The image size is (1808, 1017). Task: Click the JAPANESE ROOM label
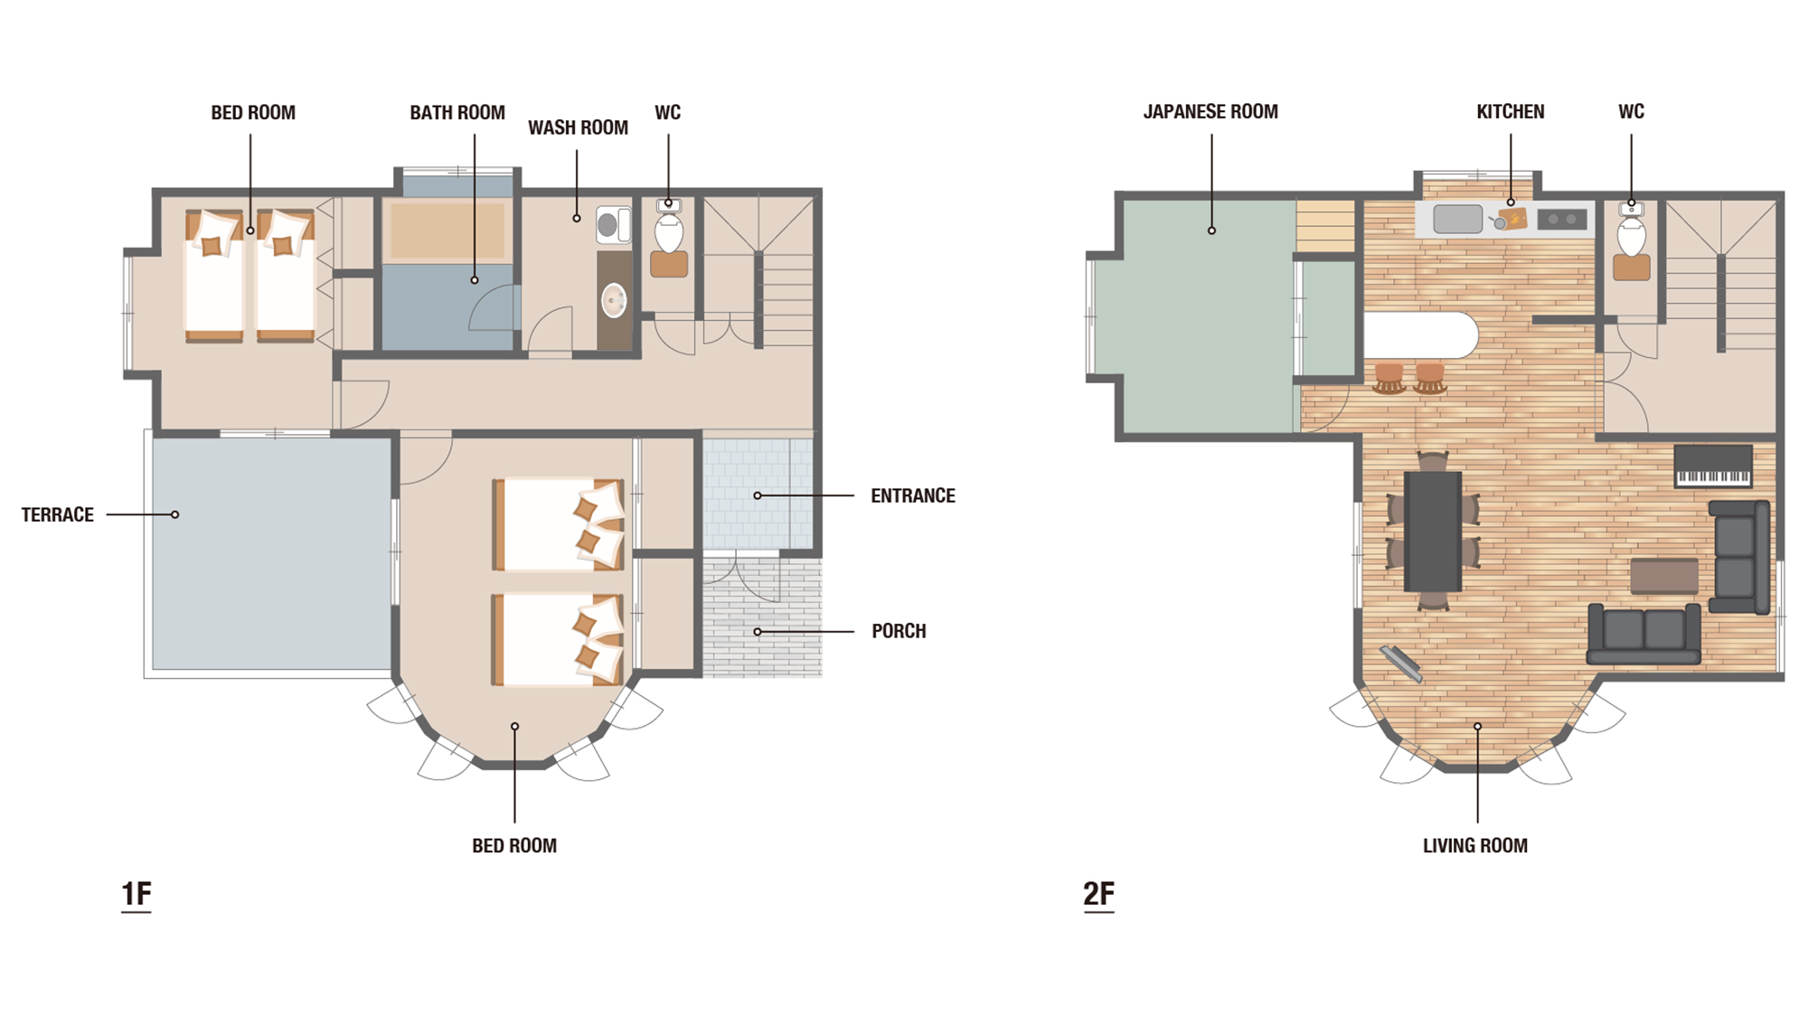pos(1210,111)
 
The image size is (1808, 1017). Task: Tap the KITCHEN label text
pos(1511,111)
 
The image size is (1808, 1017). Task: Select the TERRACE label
pos(58,514)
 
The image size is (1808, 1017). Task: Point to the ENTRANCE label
pos(913,495)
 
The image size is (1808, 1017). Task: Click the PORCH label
pos(899,631)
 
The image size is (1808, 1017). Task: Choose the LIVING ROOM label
pos(1475,845)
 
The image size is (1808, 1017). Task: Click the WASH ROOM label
pos(578,127)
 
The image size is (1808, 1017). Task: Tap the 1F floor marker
pos(137,894)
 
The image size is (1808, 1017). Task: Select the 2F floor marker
pos(1099,894)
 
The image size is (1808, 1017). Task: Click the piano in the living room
pos(1713,466)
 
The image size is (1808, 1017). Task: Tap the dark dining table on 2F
pos(1433,532)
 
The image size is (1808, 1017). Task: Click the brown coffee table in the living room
pos(1664,576)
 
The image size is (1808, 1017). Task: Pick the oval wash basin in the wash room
pos(614,301)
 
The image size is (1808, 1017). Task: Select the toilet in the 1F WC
pos(669,233)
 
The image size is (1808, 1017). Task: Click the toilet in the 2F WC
pos(1632,237)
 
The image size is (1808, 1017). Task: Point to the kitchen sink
pos(1457,219)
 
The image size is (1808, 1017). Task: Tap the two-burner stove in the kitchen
pos(1562,219)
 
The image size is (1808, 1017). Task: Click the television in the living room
pos(1401,664)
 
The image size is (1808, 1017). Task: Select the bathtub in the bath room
pos(447,231)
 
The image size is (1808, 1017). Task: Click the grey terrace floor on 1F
pos(271,553)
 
